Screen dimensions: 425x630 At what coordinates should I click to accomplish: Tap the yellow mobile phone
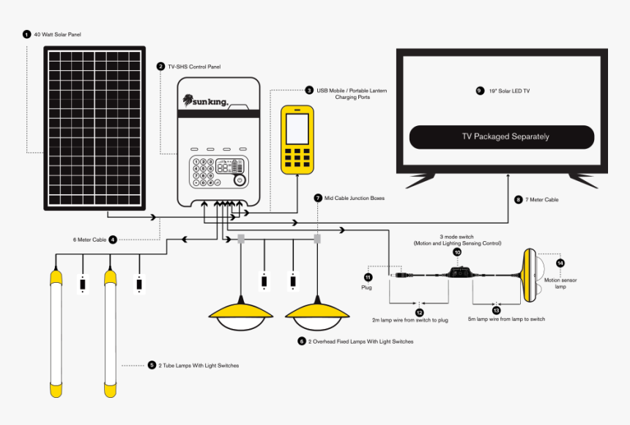click(297, 140)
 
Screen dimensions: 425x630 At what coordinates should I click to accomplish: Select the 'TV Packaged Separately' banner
click(501, 137)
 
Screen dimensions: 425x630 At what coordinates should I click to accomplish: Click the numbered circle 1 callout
click(26, 34)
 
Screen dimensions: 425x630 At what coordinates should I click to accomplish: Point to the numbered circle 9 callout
click(480, 91)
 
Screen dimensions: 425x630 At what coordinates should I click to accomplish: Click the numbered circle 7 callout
click(317, 198)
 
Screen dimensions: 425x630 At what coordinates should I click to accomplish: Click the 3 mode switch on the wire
click(461, 273)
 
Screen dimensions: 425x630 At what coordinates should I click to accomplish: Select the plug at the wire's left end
click(401, 276)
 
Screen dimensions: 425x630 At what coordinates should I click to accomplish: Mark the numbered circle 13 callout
click(496, 310)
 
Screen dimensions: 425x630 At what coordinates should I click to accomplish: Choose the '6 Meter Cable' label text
click(89, 240)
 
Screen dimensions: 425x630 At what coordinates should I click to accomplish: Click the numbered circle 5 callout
click(152, 365)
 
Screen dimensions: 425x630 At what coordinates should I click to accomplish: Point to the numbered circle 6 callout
click(302, 341)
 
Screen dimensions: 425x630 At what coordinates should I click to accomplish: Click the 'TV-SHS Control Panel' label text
click(194, 67)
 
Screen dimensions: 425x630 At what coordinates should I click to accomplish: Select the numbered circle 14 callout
click(560, 262)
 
